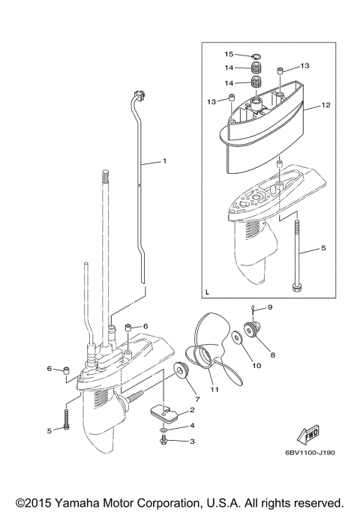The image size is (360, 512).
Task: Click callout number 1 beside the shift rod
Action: click(165, 161)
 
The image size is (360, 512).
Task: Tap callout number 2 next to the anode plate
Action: click(193, 411)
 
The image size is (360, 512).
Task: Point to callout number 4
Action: click(192, 426)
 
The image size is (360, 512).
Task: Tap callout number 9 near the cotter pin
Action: click(271, 307)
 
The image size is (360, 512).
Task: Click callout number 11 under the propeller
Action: click(214, 390)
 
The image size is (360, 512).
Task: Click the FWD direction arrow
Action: click(309, 436)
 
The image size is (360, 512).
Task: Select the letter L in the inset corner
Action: click(208, 289)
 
